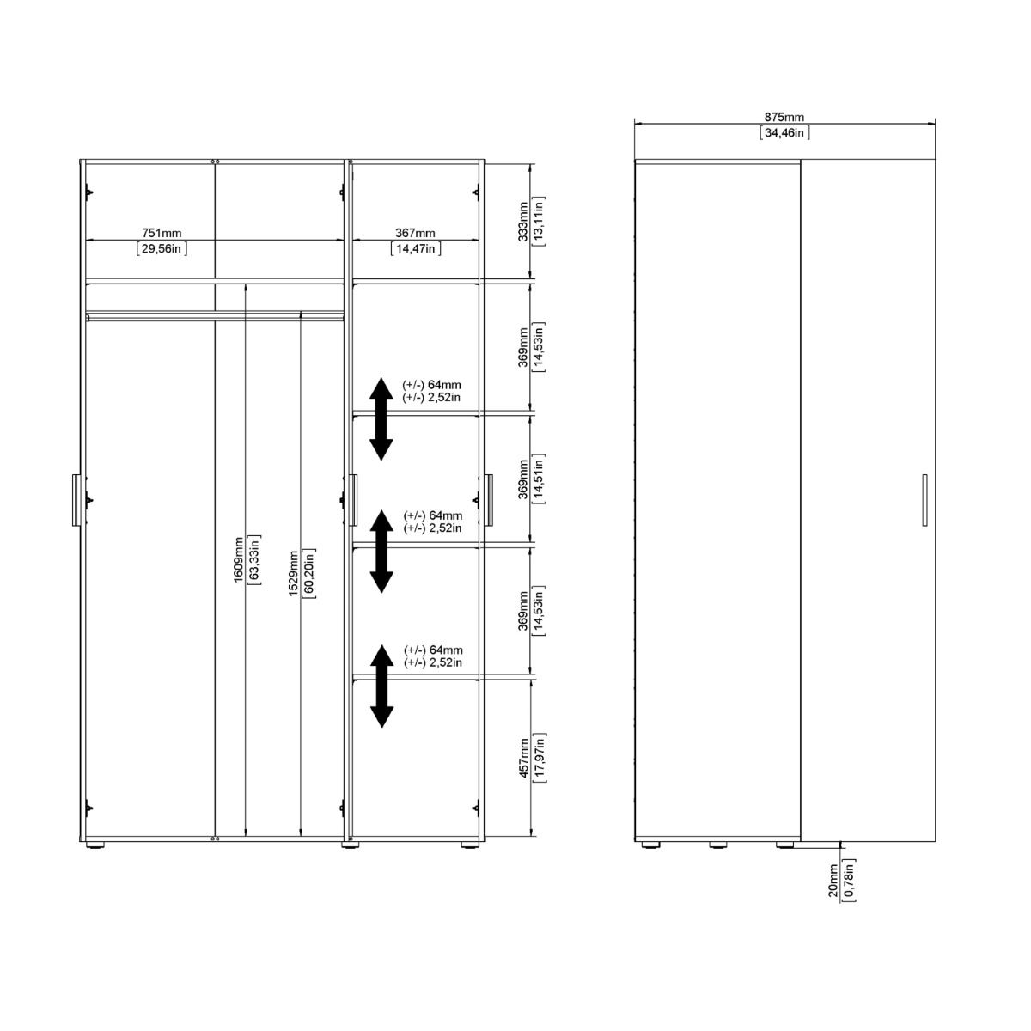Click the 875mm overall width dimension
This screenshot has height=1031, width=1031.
(784, 118)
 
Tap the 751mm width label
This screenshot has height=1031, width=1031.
(162, 233)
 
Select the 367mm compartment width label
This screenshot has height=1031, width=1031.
(416, 233)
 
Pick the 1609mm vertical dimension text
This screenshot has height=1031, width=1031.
(238, 559)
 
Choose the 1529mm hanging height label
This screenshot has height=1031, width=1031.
(293, 573)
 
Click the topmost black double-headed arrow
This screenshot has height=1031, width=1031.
(381, 418)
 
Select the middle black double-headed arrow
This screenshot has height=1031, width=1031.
(381, 551)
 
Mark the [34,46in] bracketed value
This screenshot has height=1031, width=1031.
(784, 132)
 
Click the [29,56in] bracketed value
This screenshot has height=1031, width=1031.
(162, 248)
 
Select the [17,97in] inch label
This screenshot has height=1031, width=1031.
(540, 757)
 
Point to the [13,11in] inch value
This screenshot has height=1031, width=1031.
(540, 222)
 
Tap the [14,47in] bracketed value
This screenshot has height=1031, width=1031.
(416, 248)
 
